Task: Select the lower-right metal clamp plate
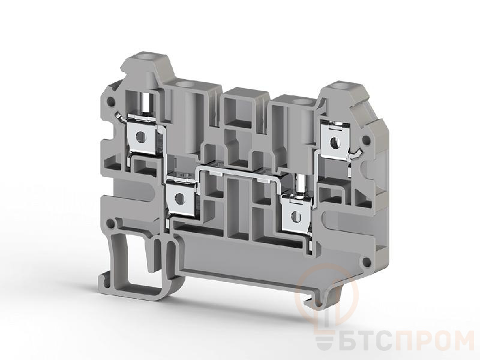pyautogui.click(x=296, y=215)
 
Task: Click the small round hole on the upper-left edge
pyautogui.click(x=110, y=101)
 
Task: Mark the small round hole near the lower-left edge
pyautogui.click(x=112, y=224)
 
